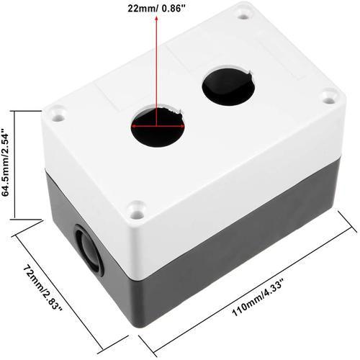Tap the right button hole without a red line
[228, 86]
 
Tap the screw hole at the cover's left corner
[57, 112]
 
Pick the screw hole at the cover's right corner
[329, 96]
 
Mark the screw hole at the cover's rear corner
[246, 12]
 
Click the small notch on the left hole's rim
[171, 109]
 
